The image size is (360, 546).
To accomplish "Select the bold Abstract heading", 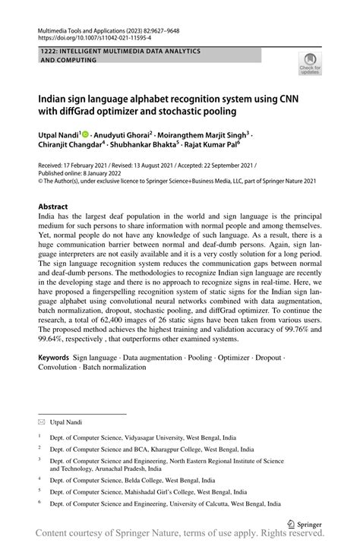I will pos(53,207).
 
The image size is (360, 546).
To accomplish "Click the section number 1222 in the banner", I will pos(49,50).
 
